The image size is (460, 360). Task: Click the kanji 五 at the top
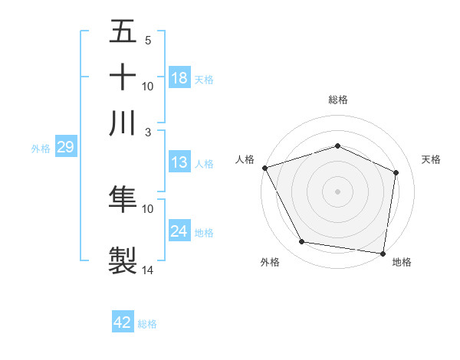tap(123, 32)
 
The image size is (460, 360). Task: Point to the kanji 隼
tap(123, 198)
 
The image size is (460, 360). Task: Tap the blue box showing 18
tap(179, 78)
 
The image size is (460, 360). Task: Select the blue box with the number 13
tap(179, 162)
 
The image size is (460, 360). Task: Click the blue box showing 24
tap(179, 231)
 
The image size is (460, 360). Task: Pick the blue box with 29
tap(65, 147)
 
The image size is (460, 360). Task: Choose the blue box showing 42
tap(123, 322)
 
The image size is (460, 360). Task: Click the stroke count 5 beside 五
tap(148, 40)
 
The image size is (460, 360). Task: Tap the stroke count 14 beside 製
tap(148, 270)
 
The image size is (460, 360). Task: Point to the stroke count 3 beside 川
tap(149, 132)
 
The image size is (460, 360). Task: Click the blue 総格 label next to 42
tap(147, 324)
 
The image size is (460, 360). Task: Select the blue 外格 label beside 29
tap(41, 149)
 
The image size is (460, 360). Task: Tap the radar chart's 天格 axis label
tap(431, 159)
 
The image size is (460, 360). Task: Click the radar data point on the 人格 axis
tap(264, 168)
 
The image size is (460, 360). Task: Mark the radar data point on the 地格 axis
tap(383, 253)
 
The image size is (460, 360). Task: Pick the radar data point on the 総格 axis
tap(337, 146)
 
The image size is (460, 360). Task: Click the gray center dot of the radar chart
tap(337, 191)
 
